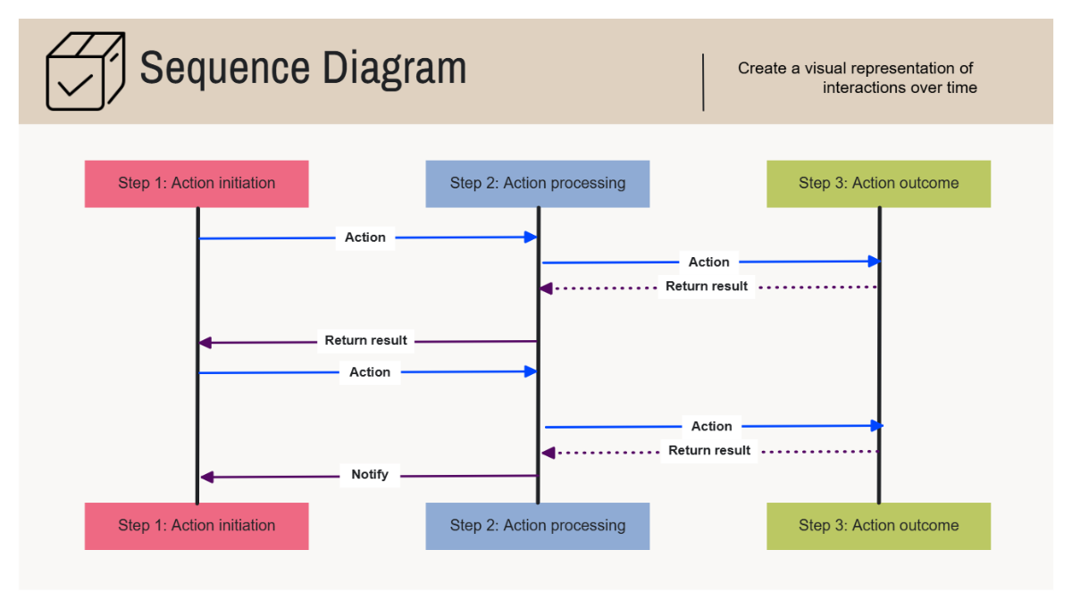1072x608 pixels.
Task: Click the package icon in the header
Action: tap(85, 71)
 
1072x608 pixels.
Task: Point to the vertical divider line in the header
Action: tap(704, 82)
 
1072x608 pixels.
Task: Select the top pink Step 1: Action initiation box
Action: tap(197, 184)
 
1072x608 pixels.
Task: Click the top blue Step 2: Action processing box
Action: tap(537, 184)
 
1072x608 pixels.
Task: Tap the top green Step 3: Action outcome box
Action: tap(878, 184)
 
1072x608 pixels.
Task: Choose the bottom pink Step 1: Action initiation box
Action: tap(197, 526)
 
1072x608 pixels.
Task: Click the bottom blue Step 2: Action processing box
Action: tap(537, 526)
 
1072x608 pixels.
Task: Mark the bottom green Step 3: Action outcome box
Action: tap(878, 526)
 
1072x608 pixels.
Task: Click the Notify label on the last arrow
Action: tap(370, 475)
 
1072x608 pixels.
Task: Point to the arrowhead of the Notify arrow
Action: tap(205, 478)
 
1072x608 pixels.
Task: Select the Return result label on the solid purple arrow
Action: tap(365, 340)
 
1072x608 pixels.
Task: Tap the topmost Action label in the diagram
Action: tap(365, 237)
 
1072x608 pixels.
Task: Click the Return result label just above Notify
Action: tap(709, 451)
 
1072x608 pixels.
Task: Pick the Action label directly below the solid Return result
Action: tap(370, 372)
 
